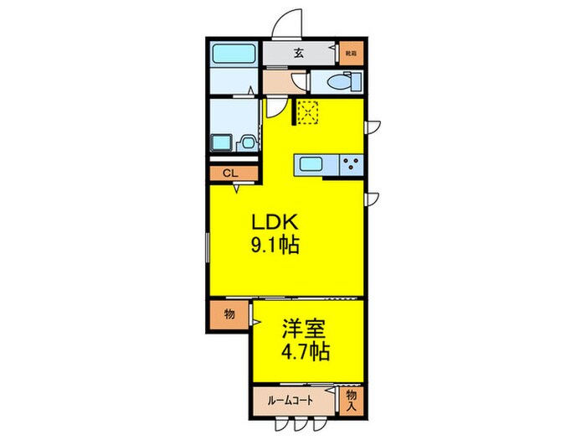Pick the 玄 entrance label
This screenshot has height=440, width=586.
tap(299, 54)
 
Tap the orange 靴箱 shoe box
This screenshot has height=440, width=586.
tap(352, 54)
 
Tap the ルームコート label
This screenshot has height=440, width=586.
tap(290, 400)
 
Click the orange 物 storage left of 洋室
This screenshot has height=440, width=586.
tap(229, 315)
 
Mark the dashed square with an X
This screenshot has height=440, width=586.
tap(308, 111)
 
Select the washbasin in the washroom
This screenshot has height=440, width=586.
tap(247, 143)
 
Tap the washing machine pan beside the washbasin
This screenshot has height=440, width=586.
tap(222, 142)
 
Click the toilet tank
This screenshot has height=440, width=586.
tap(355, 82)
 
